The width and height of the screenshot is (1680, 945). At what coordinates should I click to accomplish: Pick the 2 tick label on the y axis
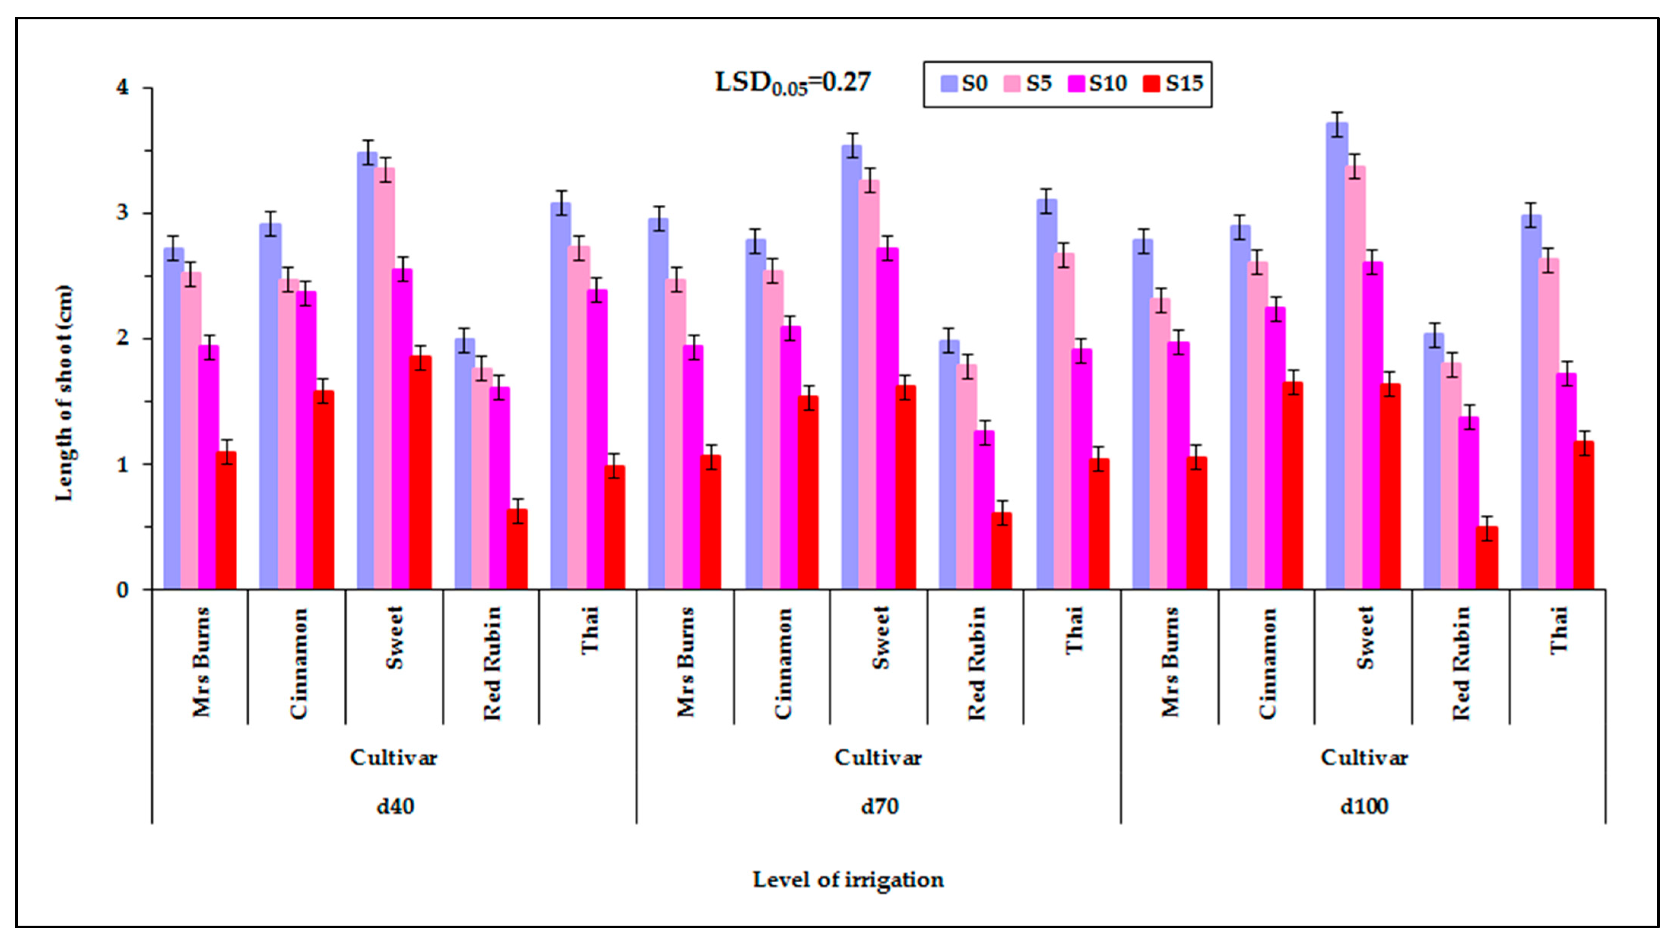point(123,339)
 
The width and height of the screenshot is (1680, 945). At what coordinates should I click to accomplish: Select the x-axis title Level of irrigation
point(848,880)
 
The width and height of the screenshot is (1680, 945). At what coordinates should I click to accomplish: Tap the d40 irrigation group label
point(395,807)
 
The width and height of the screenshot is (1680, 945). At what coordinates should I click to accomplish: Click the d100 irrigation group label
point(1364,807)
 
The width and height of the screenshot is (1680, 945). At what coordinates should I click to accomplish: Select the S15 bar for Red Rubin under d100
point(1488,558)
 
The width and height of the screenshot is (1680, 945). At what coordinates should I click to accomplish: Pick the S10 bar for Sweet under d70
point(888,419)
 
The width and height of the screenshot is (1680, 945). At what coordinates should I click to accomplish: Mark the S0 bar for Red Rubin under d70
point(949,465)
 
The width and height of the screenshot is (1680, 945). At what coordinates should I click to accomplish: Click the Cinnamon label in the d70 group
point(783,664)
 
